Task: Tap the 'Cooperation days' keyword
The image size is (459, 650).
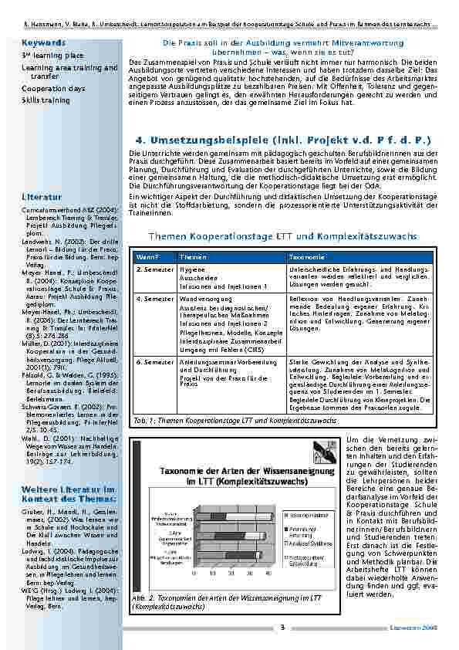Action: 54,89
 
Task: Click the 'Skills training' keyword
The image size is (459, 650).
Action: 46,100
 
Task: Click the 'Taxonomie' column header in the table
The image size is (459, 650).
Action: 308,256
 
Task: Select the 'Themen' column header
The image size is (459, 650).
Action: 193,256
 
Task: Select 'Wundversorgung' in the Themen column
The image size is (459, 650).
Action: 202,298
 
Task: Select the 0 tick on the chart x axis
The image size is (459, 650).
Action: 194,574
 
